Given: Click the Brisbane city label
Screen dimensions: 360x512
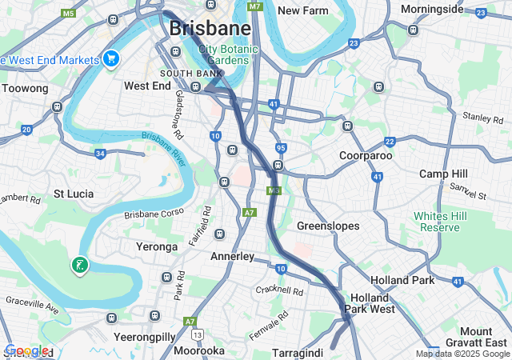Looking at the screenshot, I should tap(210, 28).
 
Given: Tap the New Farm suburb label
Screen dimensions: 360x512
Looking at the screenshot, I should tap(303, 10).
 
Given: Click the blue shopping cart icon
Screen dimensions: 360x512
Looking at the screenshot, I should tap(111, 58).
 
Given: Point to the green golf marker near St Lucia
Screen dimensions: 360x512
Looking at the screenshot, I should tap(79, 265).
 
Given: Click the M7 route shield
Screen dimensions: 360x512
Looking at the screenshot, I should tap(254, 6).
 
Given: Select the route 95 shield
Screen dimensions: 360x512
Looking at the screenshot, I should tap(280, 148).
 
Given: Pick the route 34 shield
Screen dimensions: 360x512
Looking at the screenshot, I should tap(100, 153).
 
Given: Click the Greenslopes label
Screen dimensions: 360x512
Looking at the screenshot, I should tap(328, 226).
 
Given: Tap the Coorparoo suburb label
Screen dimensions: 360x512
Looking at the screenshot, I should tap(365, 155).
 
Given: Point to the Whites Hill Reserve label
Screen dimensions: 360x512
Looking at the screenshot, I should tap(437, 222).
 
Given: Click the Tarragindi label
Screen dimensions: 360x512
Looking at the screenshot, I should tap(298, 352).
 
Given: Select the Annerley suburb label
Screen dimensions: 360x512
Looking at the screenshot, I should tap(232, 257).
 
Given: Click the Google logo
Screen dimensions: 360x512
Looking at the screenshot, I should tap(26, 350).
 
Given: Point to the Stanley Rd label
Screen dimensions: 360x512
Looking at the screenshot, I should tap(482, 118).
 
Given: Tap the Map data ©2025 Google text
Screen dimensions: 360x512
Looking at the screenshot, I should tap(462, 354).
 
